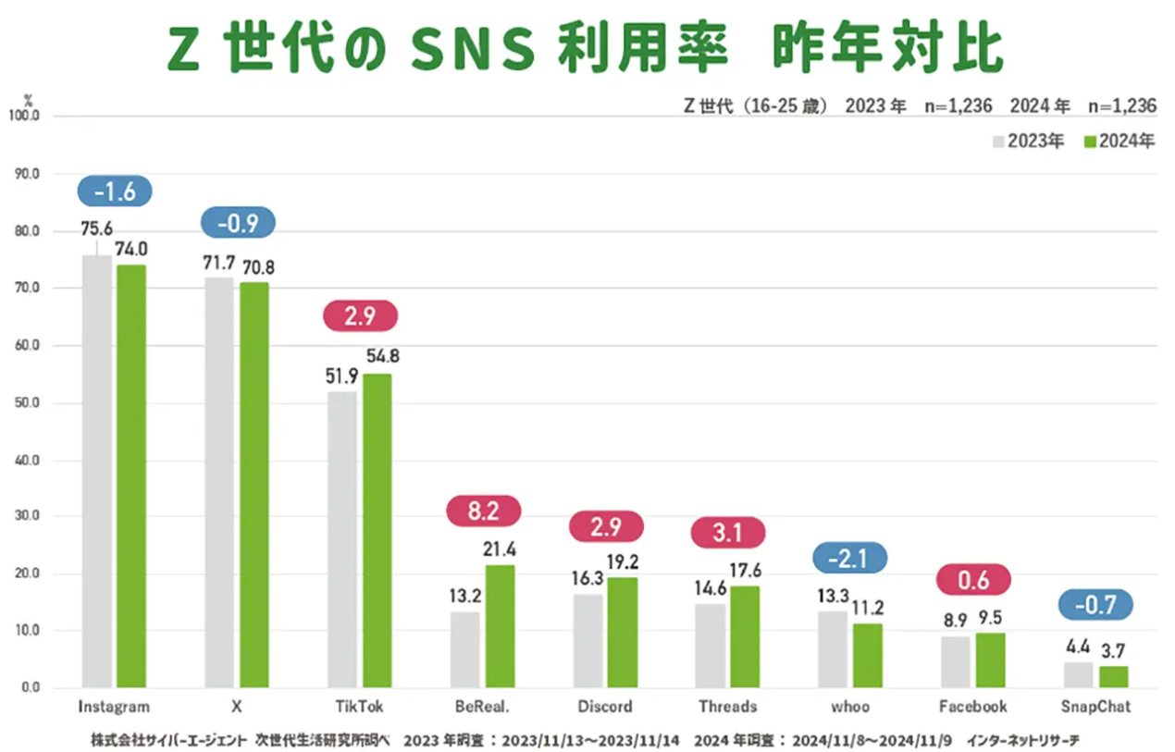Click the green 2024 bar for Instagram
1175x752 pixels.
click(x=130, y=475)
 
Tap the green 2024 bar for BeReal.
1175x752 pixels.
click(x=500, y=626)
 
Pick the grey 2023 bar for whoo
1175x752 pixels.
click(x=833, y=649)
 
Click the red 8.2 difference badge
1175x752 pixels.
click(x=483, y=510)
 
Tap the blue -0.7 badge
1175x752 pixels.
click(x=1096, y=605)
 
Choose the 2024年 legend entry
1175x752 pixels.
click(x=1119, y=142)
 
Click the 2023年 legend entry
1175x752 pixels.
click(x=1028, y=142)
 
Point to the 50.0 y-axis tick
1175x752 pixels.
click(x=26, y=403)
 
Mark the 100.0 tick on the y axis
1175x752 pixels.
click(x=24, y=117)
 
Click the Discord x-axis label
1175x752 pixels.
click(x=605, y=707)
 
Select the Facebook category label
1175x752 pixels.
click(x=972, y=707)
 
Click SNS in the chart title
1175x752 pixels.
click(x=473, y=51)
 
